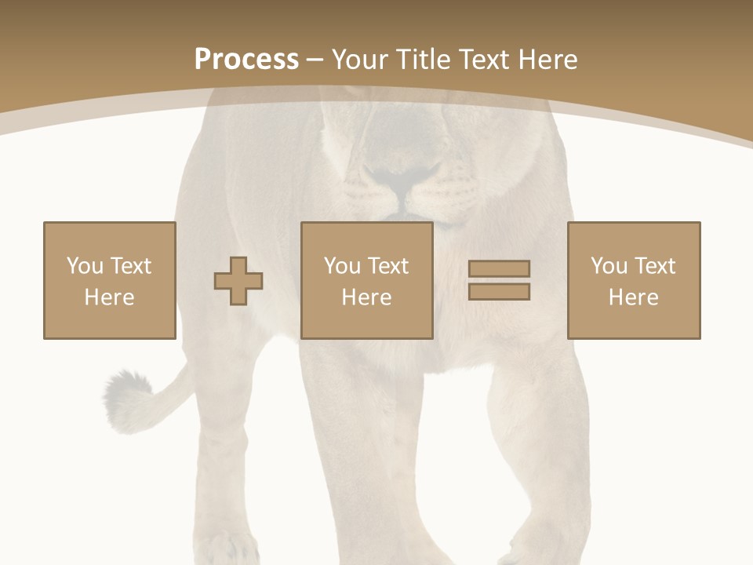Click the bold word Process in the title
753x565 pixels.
[x=246, y=60]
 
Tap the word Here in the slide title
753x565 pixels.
[x=550, y=60]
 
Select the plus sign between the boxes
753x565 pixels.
[x=238, y=281]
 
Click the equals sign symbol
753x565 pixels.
[x=499, y=280]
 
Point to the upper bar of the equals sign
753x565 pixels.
[x=499, y=269]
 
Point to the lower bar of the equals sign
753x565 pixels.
[x=499, y=291]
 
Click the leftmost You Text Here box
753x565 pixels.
[x=109, y=280]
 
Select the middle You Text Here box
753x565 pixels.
[x=366, y=280]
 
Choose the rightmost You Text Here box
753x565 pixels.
[x=633, y=280]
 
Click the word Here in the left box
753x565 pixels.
[x=109, y=297]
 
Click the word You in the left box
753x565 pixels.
[x=85, y=266]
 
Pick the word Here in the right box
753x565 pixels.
[x=633, y=297]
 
